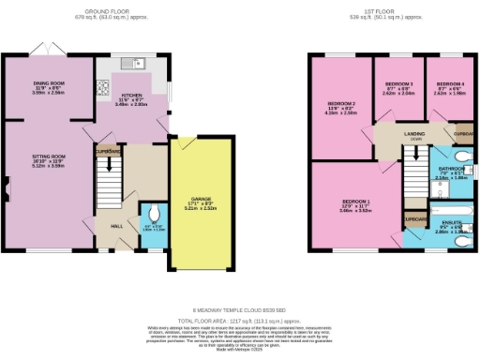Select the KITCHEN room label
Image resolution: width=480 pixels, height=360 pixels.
point(131,98)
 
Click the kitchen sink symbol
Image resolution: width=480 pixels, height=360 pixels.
point(137,64)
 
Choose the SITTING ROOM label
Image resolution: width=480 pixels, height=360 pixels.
point(47,160)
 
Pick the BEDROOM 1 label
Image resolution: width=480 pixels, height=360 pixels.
point(356,202)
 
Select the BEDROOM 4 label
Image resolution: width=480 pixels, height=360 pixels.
point(448,85)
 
